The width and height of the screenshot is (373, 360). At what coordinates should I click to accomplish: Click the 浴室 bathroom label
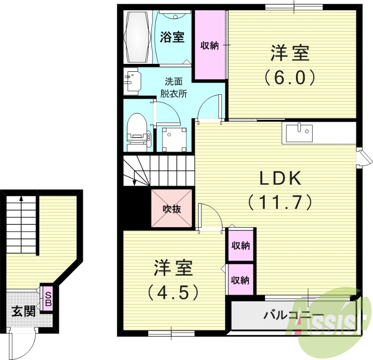pyautogui.click(x=172, y=37)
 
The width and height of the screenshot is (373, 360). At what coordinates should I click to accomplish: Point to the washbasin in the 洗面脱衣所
pyautogui.click(x=132, y=81)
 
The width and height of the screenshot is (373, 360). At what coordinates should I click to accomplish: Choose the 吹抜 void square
pyautogui.click(x=172, y=208)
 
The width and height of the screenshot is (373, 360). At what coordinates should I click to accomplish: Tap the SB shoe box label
pyautogui.click(x=48, y=298)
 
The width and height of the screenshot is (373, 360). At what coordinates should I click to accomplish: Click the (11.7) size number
pyautogui.click(x=280, y=201)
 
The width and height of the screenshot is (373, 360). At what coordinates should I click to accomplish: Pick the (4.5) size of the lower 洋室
pyautogui.click(x=173, y=292)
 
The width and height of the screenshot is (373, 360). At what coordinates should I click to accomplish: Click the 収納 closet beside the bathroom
pyautogui.click(x=210, y=45)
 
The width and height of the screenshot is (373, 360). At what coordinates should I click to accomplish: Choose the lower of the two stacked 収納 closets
pyautogui.click(x=241, y=280)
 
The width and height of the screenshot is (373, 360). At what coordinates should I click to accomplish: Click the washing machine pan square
pyautogui.click(x=174, y=138)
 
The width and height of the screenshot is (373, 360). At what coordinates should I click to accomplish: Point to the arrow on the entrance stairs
pyautogui.click(x=21, y=200)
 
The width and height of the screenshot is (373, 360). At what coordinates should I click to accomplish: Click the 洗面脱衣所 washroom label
pyautogui.click(x=174, y=86)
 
